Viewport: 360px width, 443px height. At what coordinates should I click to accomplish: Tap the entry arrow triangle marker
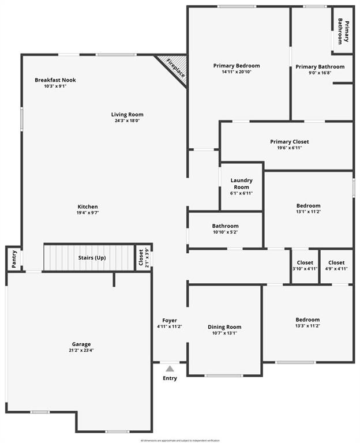click(x=170, y=369)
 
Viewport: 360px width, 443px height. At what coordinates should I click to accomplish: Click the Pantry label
click(x=14, y=258)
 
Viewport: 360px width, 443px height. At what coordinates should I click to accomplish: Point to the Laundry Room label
click(x=241, y=183)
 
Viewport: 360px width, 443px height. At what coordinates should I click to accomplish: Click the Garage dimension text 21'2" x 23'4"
click(x=81, y=350)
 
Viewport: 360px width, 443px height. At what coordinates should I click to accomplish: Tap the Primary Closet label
click(x=289, y=141)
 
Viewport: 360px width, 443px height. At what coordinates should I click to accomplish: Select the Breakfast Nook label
click(x=55, y=80)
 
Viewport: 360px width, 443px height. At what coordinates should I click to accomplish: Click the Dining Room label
click(x=224, y=327)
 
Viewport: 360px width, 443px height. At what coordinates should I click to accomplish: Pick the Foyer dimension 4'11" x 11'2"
click(x=170, y=326)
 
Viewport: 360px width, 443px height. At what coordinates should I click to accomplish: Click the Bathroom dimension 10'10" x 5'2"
click(x=225, y=232)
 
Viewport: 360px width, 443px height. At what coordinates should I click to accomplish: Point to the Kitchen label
click(x=88, y=207)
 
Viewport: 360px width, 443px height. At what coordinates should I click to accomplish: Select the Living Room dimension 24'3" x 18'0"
click(x=127, y=121)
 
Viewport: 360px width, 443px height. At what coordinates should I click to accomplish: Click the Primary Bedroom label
click(x=237, y=66)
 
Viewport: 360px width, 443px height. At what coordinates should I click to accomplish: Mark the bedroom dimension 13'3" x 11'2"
click(x=307, y=326)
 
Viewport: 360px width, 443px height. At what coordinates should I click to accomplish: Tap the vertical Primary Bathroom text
click(x=343, y=31)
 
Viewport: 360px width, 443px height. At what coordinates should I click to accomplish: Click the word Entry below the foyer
click(x=170, y=378)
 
